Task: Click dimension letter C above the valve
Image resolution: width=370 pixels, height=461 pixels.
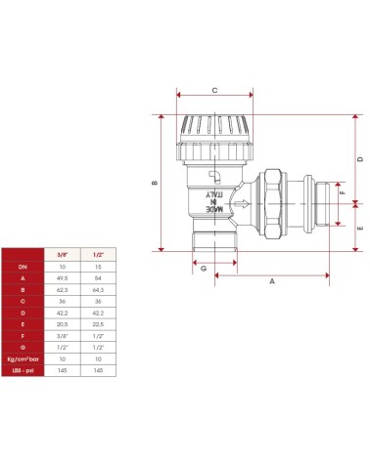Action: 213,89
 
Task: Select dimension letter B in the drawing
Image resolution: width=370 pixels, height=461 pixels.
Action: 154,183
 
